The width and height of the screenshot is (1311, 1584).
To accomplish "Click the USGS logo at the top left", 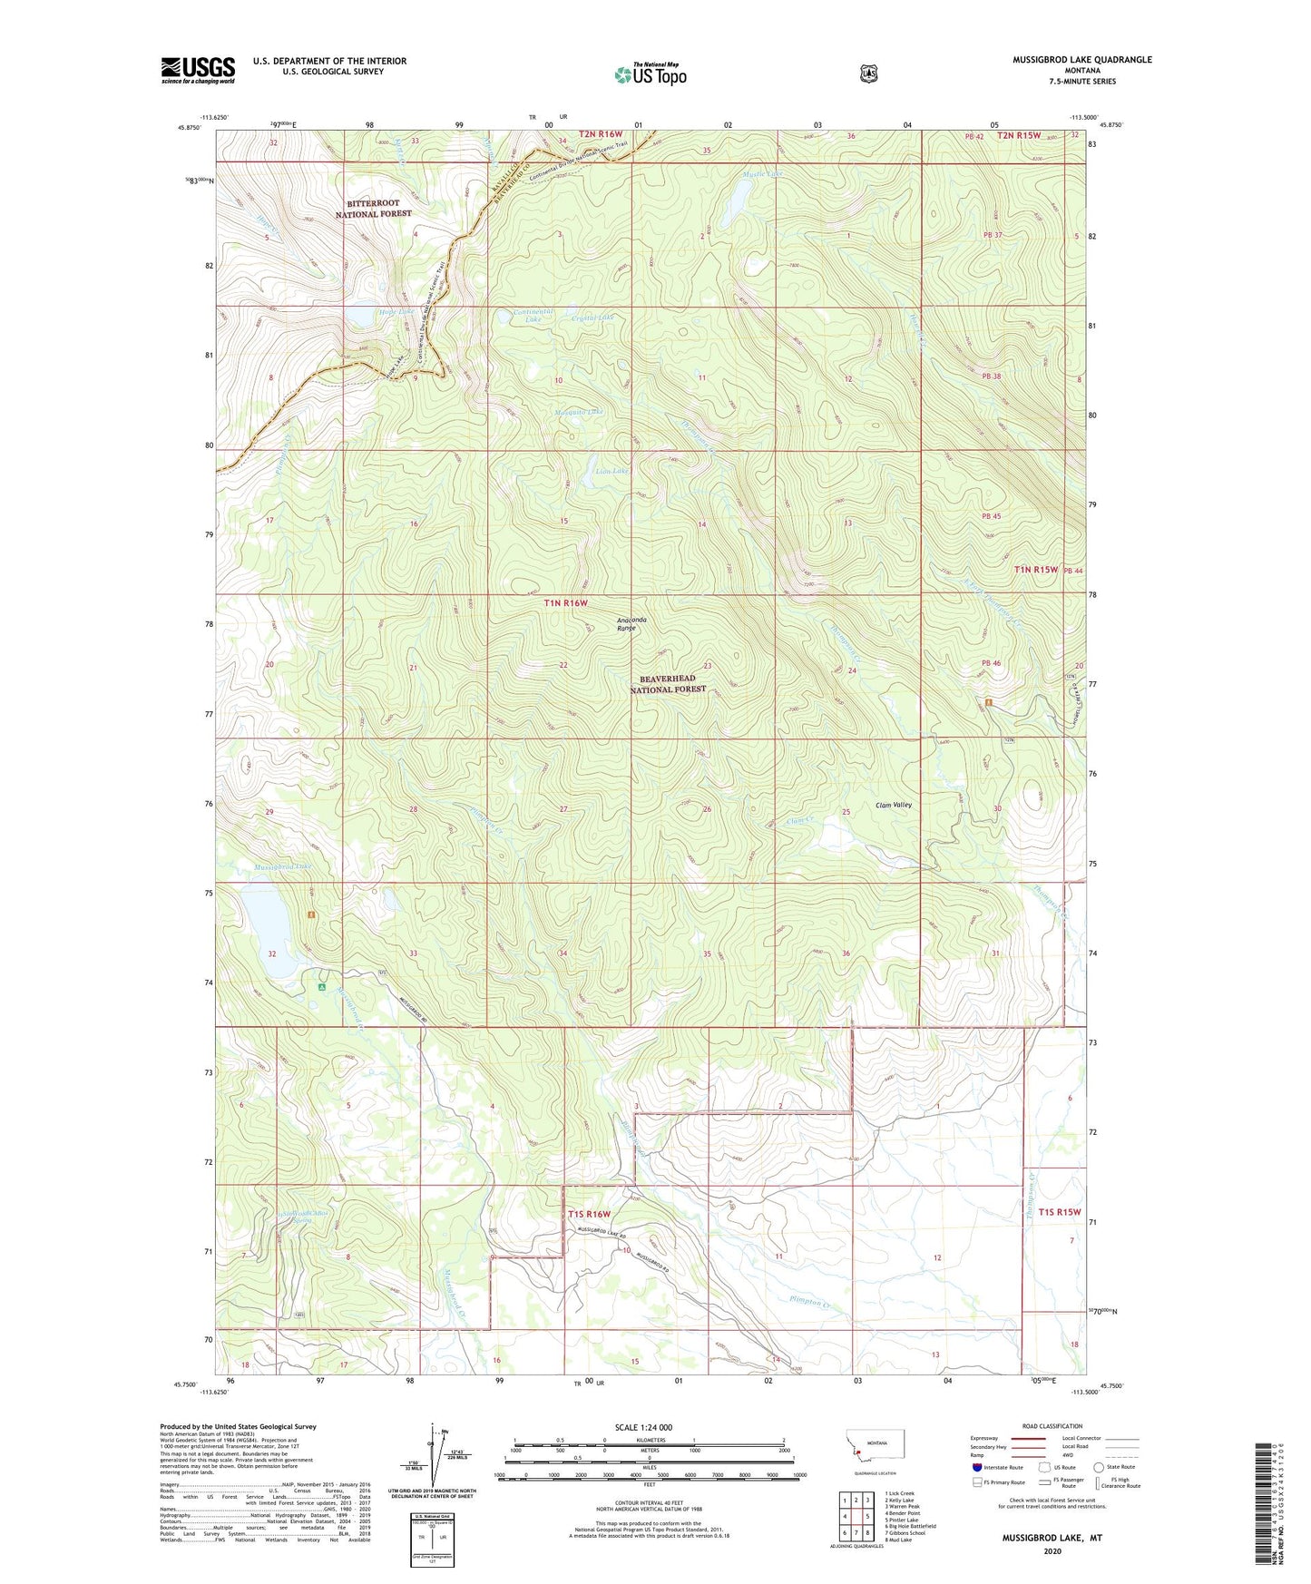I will [x=198, y=70].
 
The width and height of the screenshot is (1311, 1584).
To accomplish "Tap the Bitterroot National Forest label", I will [x=373, y=209].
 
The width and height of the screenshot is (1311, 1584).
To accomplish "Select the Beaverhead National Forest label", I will [x=668, y=684].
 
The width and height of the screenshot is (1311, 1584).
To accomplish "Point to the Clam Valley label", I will [x=893, y=805].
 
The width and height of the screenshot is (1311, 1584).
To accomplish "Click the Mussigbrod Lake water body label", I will [x=282, y=866].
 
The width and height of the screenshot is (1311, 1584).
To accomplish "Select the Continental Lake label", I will [x=528, y=316].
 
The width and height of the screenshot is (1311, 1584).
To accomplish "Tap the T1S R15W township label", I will [x=1060, y=1212].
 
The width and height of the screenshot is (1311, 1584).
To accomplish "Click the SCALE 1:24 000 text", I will [x=643, y=1427].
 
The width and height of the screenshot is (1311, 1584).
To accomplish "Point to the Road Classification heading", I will [x=1052, y=1426].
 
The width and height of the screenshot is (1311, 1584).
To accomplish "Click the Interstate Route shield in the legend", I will [x=976, y=1467].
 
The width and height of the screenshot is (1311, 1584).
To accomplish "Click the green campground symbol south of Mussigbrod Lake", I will [x=320, y=987].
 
